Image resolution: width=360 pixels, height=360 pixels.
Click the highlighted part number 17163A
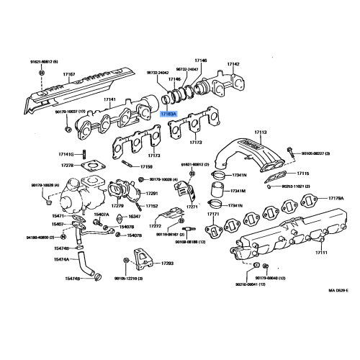point(168,113)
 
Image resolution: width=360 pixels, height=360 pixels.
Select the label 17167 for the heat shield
point(69,75)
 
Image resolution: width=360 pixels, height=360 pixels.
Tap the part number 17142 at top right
point(234,64)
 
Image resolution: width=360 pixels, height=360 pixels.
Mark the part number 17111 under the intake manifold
point(321,253)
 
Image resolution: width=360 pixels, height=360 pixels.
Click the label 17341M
point(238,191)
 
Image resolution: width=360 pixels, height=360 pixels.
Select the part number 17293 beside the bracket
point(167,264)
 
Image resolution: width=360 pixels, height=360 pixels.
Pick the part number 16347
point(134,216)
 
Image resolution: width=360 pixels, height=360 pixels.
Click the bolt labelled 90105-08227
point(289,152)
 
